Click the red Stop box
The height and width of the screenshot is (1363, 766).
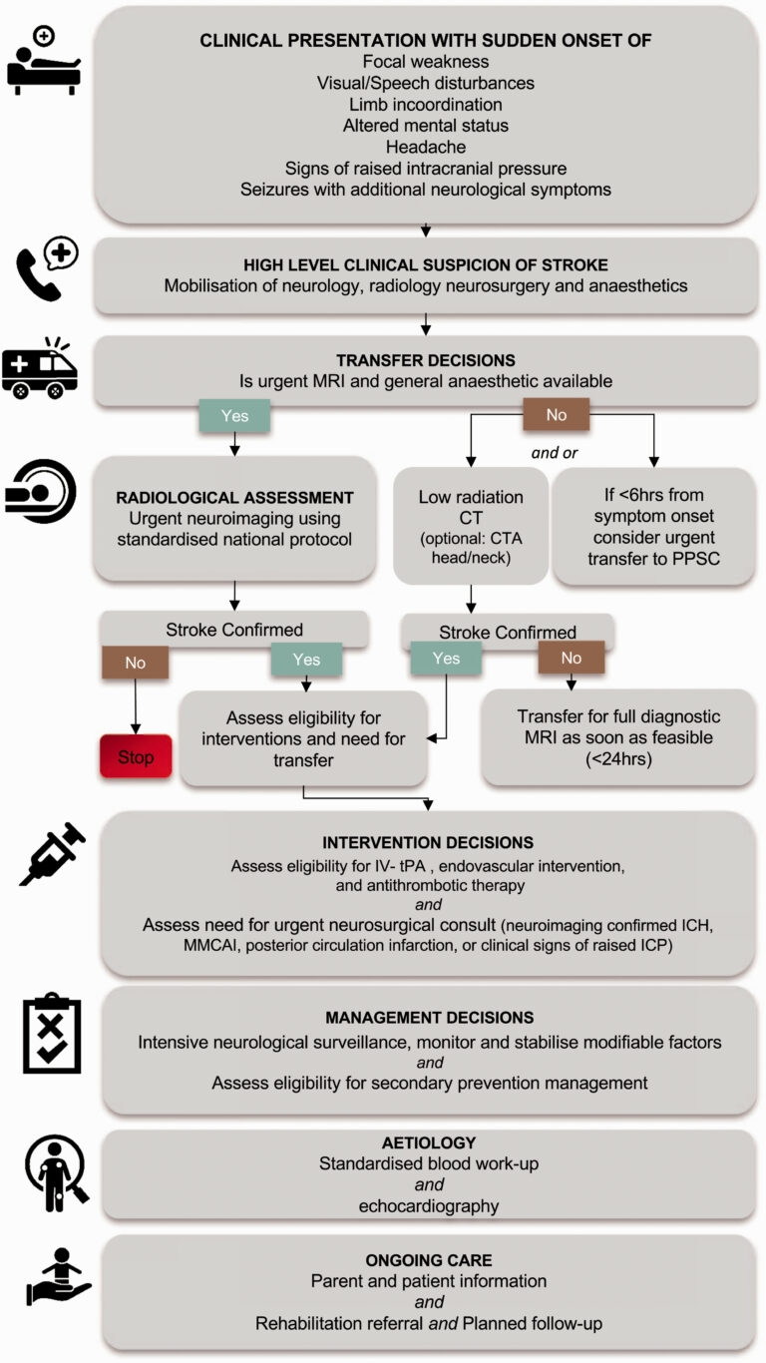(136, 757)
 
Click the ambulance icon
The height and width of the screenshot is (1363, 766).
(41, 371)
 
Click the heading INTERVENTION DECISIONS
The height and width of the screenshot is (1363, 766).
(429, 842)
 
